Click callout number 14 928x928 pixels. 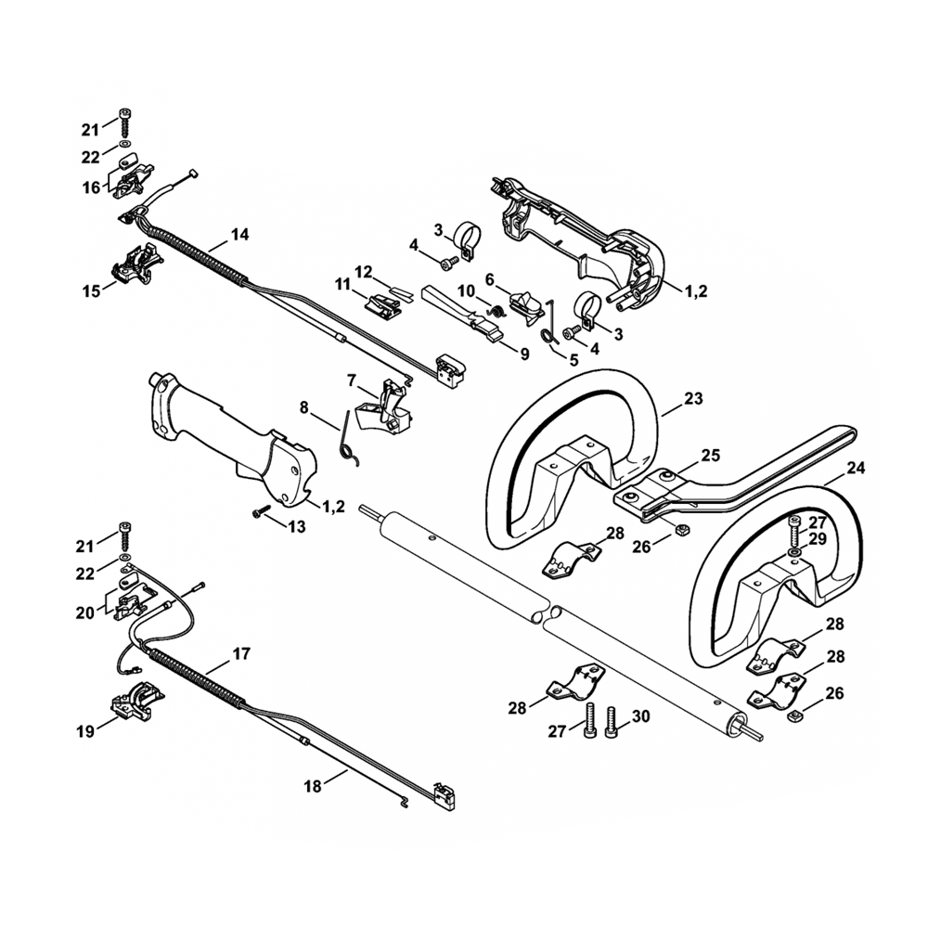tap(239, 235)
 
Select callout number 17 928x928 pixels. tap(240, 653)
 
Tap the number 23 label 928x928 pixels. tap(693, 400)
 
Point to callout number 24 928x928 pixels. tap(855, 468)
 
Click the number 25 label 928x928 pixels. tap(710, 456)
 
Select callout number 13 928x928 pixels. tap(296, 527)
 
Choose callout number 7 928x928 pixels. tap(352, 380)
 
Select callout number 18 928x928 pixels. tap(312, 786)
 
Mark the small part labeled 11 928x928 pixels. tap(384, 303)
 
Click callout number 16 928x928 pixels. tap(91, 187)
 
